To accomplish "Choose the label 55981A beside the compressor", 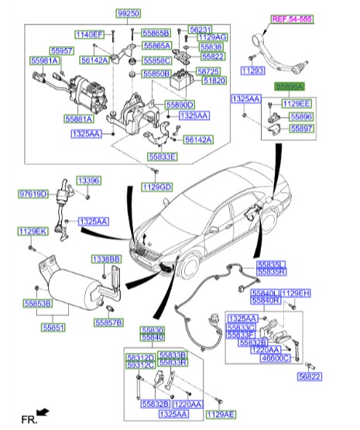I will [x=45, y=60].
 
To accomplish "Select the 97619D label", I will [x=34, y=194].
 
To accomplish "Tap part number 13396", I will [x=87, y=181].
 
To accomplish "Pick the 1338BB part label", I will [x=107, y=258].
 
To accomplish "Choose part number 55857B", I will [x=109, y=322].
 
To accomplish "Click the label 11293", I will [x=252, y=71].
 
